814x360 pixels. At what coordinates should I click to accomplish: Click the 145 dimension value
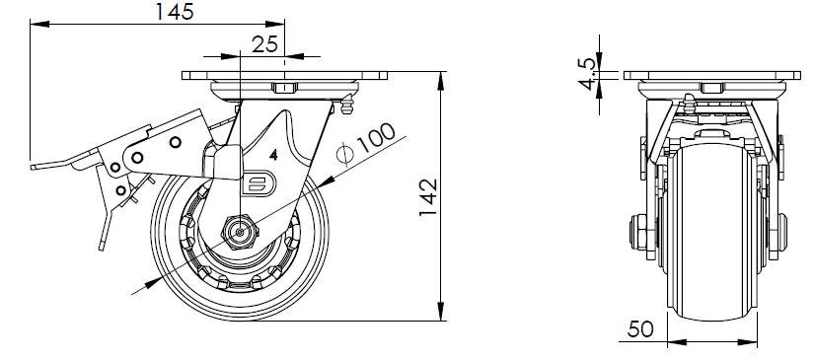tap(175, 12)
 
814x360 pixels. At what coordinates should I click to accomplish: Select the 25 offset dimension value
tap(264, 44)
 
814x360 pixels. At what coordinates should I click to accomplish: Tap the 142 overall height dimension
tap(428, 198)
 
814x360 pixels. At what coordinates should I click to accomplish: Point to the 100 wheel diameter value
tap(376, 137)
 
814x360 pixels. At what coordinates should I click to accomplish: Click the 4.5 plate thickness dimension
tap(588, 74)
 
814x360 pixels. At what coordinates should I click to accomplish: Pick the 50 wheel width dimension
tap(640, 328)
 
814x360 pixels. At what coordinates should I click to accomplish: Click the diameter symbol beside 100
tap(344, 155)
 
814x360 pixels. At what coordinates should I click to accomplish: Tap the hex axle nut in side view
tap(239, 233)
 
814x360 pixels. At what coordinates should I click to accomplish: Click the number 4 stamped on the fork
tap(273, 154)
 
